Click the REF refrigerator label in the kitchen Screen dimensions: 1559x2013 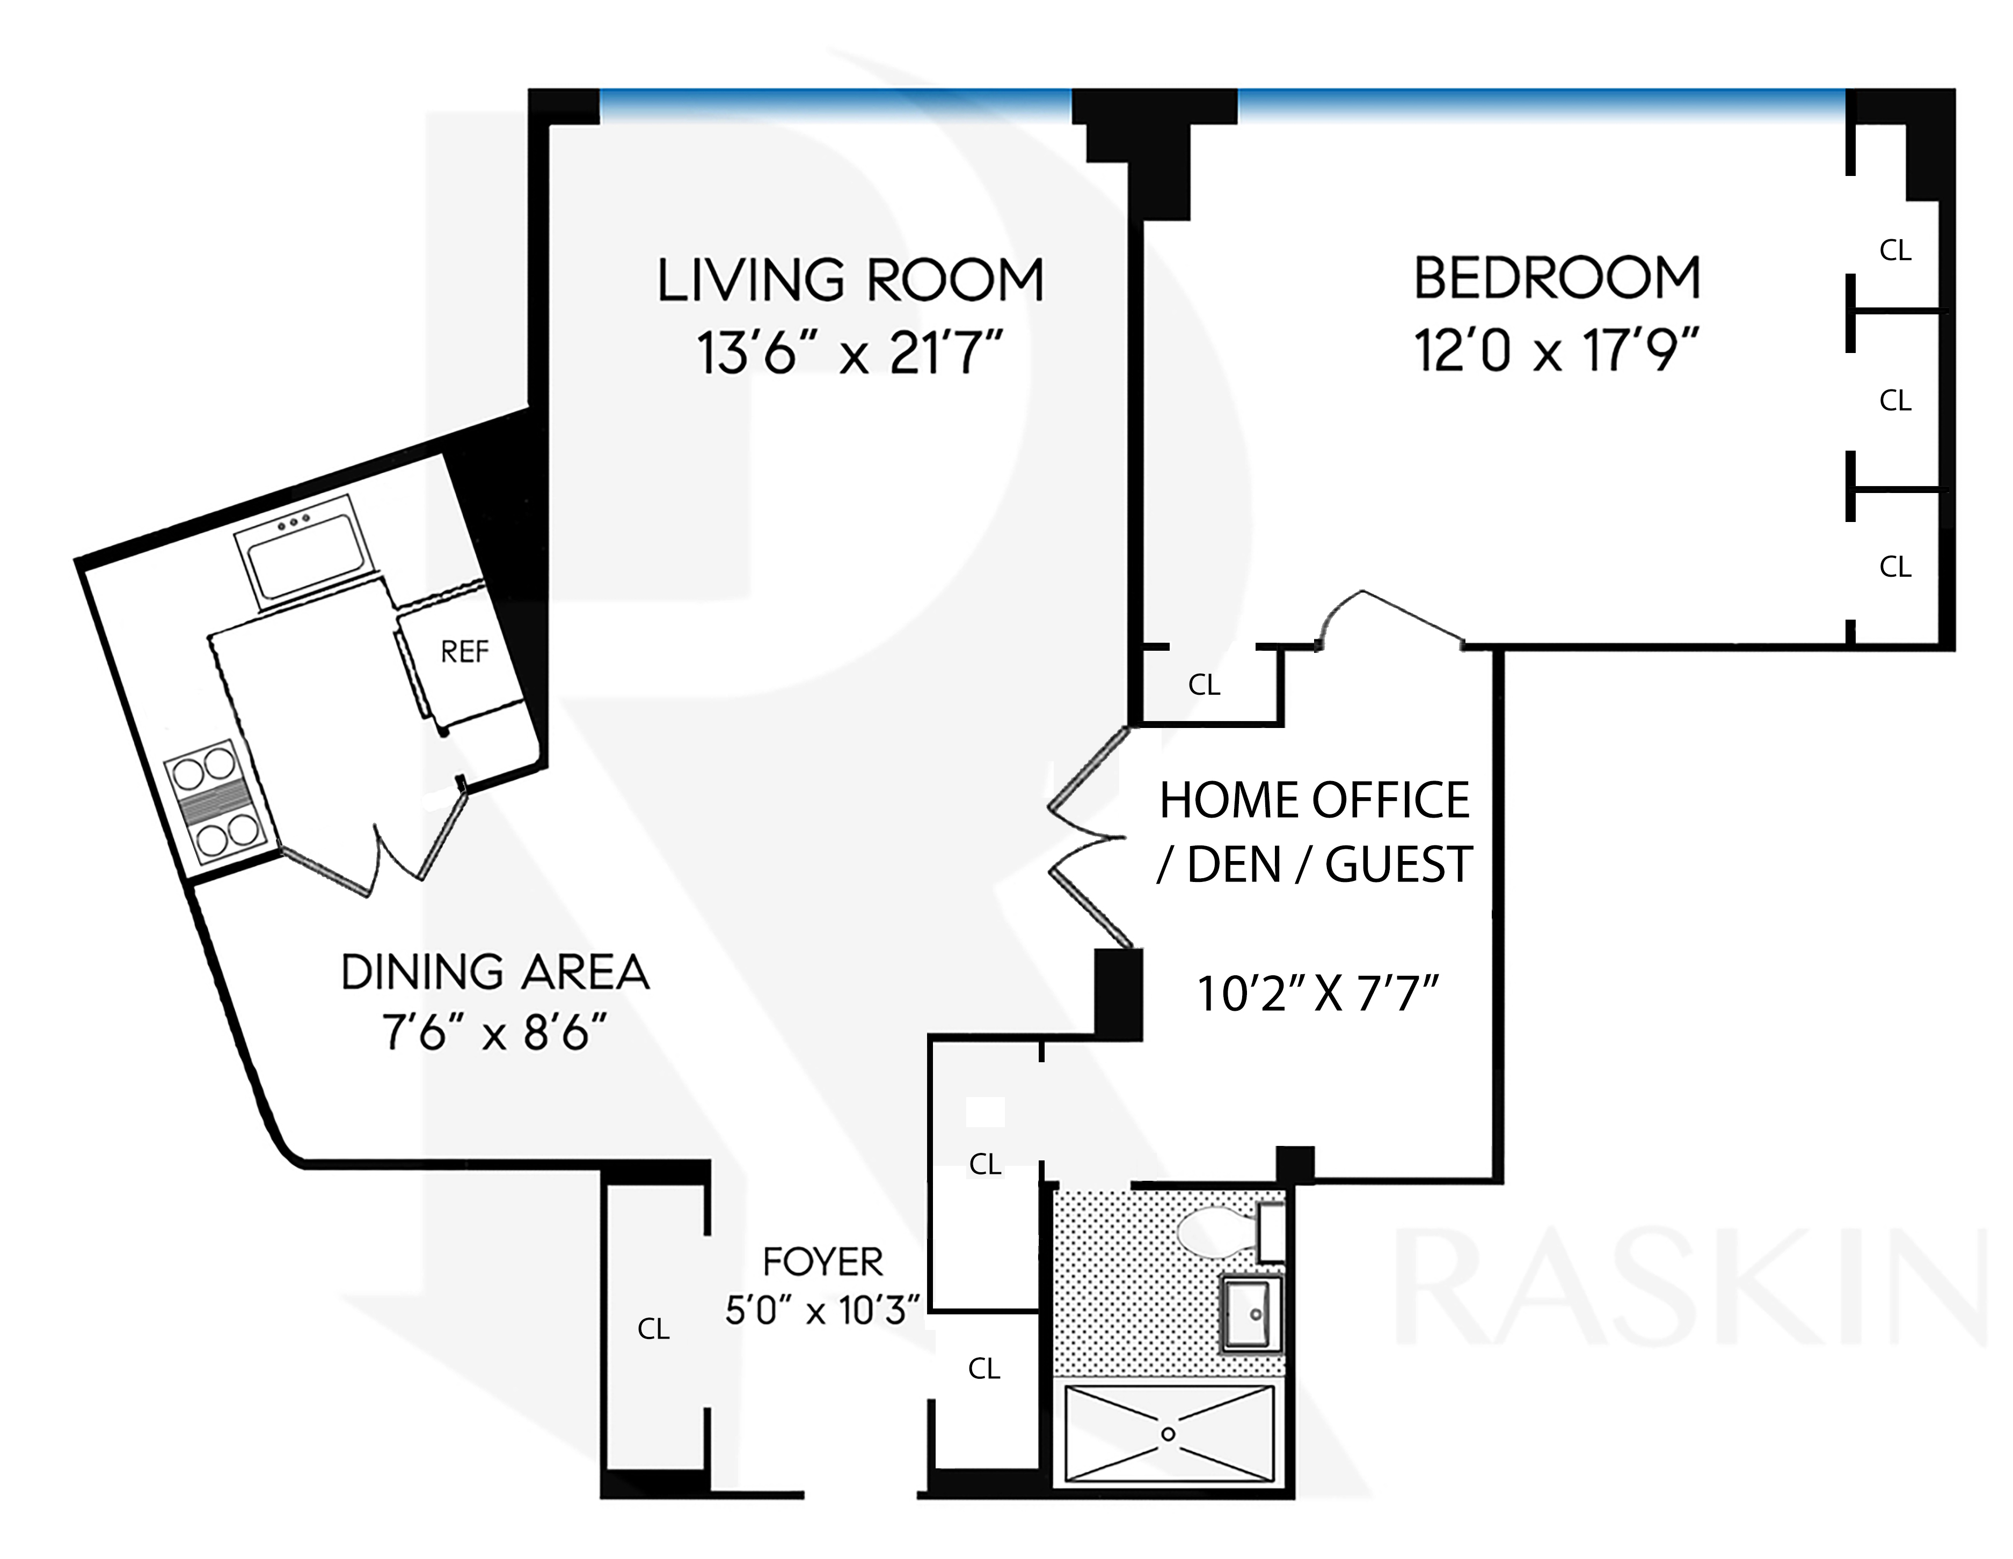[x=464, y=651]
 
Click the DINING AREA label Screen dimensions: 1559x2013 [x=496, y=972]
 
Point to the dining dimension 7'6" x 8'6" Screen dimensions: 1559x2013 [x=496, y=1032]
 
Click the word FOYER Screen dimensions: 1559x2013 [x=823, y=1261]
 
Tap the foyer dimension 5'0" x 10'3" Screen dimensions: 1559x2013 [x=823, y=1310]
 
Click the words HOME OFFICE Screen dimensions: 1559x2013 [x=1314, y=800]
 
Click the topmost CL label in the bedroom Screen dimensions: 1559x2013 [x=1895, y=251]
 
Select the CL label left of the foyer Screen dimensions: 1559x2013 [x=653, y=1329]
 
